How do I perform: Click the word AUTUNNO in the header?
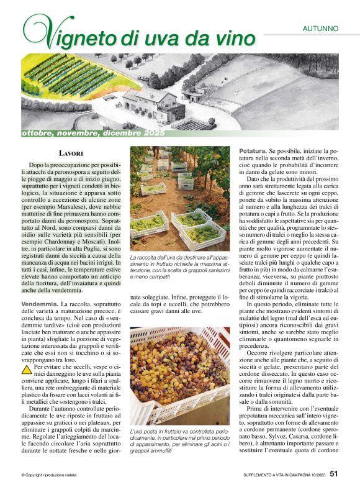click(x=320, y=28)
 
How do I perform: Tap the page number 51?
click(x=334, y=475)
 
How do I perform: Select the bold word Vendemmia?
click(x=40, y=303)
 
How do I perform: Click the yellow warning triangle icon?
click(x=27, y=369)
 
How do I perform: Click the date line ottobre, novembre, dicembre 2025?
click(x=93, y=134)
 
